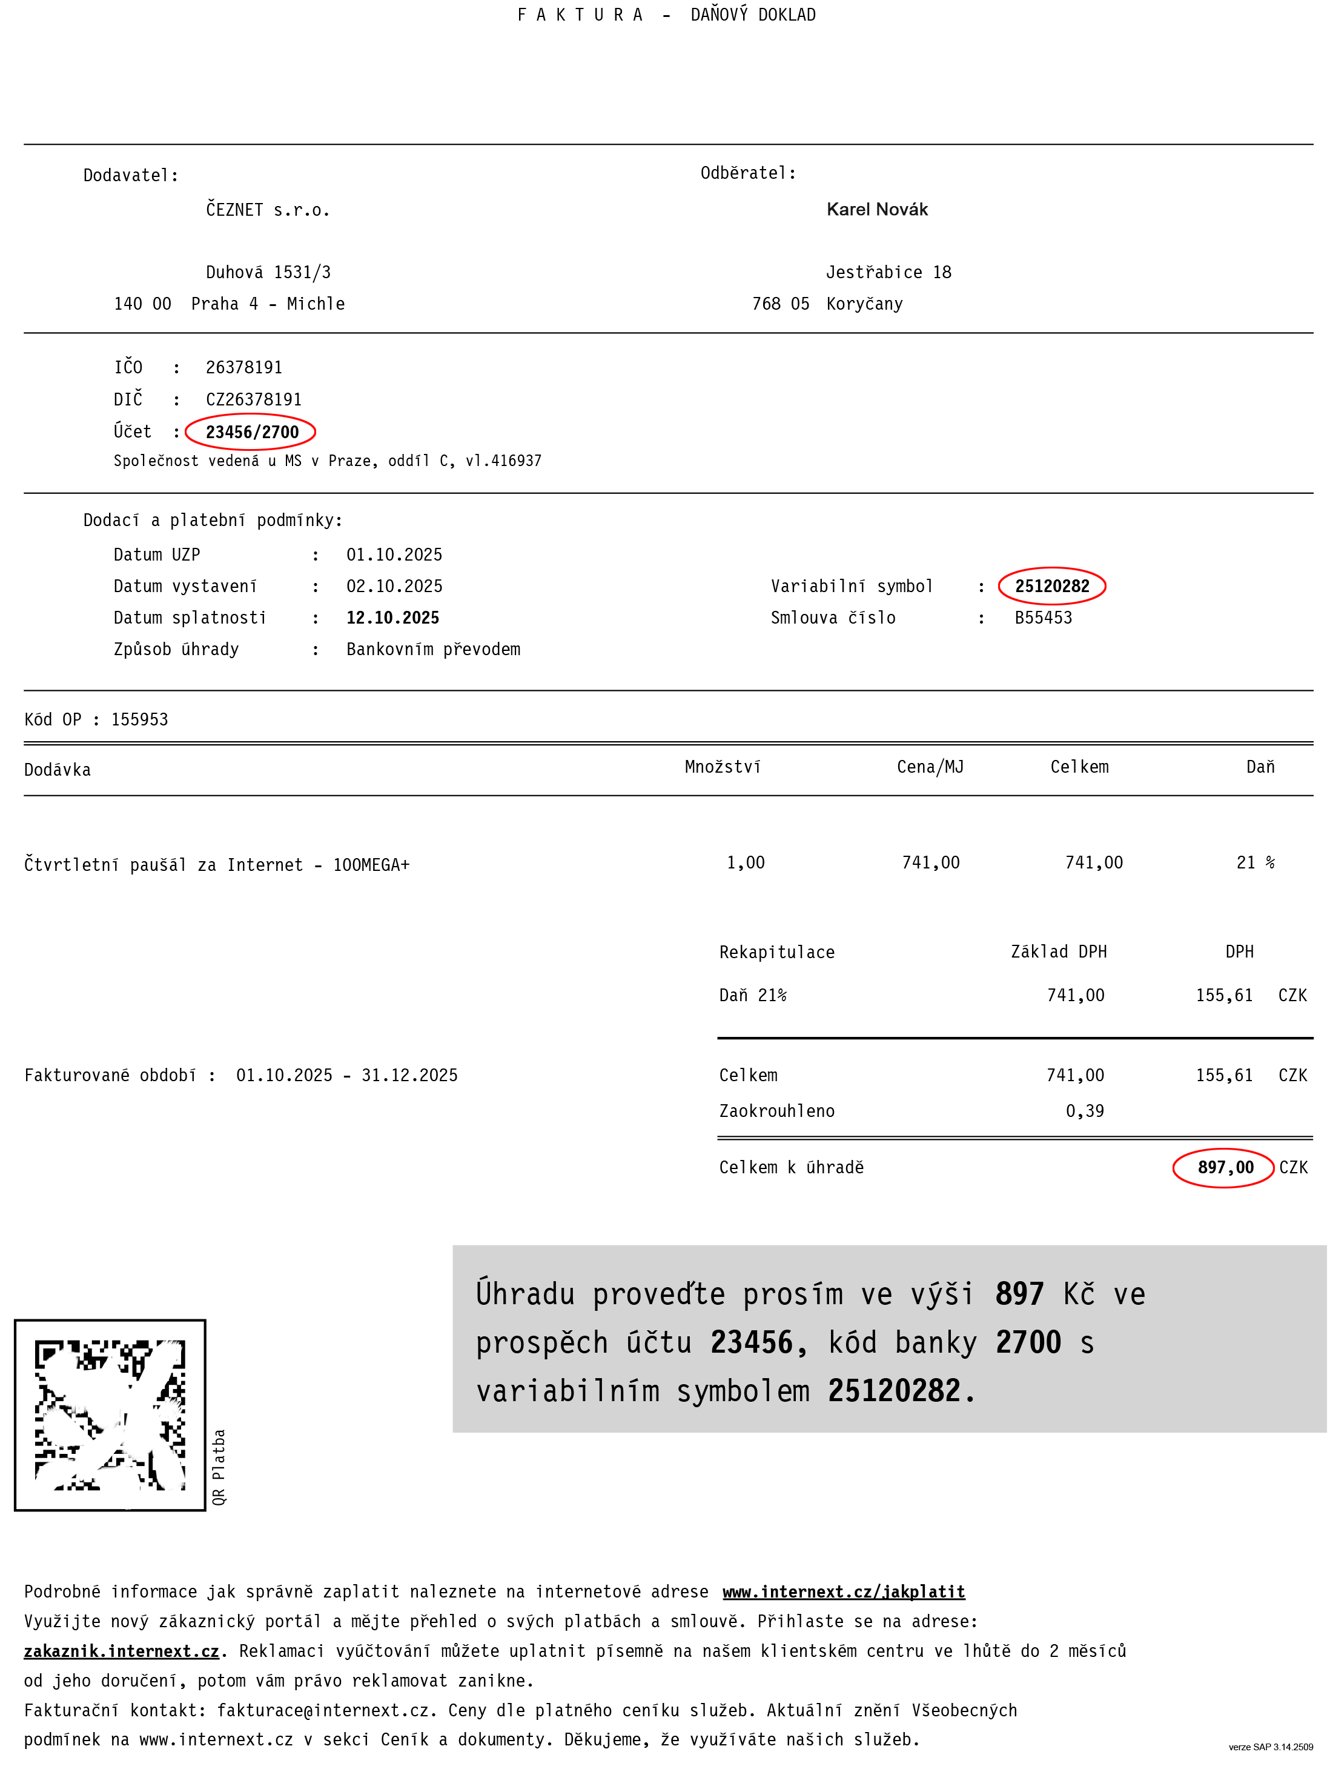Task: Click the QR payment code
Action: pyautogui.click(x=110, y=1414)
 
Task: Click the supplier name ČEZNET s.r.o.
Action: pyautogui.click(x=267, y=210)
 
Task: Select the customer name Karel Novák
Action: pyautogui.click(x=877, y=210)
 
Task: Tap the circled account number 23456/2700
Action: pyautogui.click(x=251, y=432)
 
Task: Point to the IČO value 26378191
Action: pyautogui.click(x=244, y=367)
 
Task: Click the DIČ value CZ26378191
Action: pyautogui.click(x=254, y=399)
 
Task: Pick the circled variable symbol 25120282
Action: pyautogui.click(x=1051, y=585)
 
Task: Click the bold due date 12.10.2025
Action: pyautogui.click(x=393, y=618)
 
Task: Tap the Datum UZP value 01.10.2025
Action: pyautogui.click(x=394, y=555)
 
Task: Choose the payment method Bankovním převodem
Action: pyautogui.click(x=433, y=649)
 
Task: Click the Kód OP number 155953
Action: pyautogui.click(x=139, y=719)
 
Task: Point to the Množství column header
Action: pyautogui.click(x=722, y=767)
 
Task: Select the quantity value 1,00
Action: pyautogui.click(x=746, y=863)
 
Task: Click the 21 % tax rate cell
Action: pyautogui.click(x=1255, y=863)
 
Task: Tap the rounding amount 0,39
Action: pyautogui.click(x=1085, y=1111)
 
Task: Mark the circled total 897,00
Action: pyautogui.click(x=1225, y=1167)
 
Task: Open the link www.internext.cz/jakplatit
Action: pyautogui.click(x=844, y=1592)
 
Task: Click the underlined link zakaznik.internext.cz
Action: pyautogui.click(x=122, y=1651)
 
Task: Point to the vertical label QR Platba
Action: pyautogui.click(x=219, y=1466)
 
